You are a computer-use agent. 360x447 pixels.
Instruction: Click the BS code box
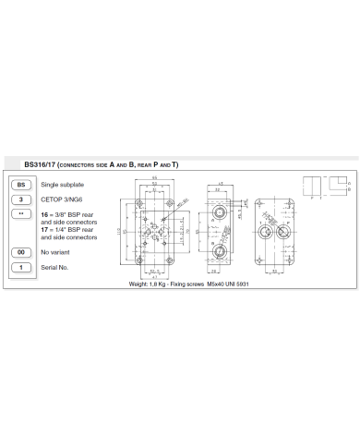[19, 186]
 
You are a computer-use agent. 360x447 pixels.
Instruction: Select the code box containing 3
[19, 199]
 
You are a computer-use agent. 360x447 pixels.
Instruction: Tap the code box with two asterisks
[19, 213]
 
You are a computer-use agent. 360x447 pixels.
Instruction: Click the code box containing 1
[19, 267]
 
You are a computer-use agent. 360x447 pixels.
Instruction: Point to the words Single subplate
[60, 186]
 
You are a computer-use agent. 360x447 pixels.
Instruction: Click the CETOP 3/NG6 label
[61, 199]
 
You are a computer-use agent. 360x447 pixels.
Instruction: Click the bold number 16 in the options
[43, 213]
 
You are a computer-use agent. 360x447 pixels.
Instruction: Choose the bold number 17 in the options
[43, 231]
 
